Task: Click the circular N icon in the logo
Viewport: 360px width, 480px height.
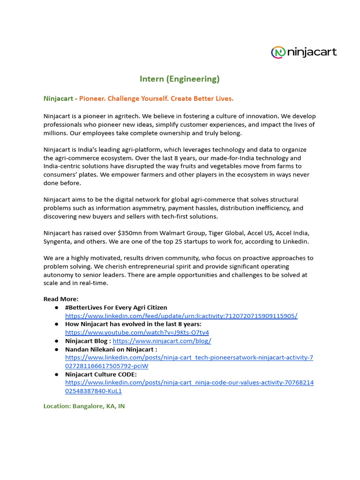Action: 278,52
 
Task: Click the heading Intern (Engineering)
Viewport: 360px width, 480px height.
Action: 180,79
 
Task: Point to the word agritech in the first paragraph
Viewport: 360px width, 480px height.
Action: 123,116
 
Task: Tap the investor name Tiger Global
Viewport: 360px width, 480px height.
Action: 220,233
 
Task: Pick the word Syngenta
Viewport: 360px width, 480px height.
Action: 58,241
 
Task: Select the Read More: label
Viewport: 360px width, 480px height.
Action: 61,299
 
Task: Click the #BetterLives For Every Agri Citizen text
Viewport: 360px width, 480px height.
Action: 116,307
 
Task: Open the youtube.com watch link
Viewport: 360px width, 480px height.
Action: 137,332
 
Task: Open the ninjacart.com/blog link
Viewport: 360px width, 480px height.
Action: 162,341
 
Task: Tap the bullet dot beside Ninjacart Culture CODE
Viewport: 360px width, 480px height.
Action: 56,375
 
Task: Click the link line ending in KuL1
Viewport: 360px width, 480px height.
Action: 93,391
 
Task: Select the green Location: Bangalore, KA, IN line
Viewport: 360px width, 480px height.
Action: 84,406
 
